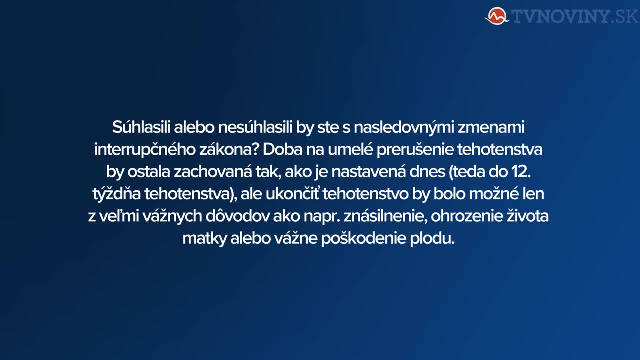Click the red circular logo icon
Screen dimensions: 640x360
(x=497, y=16)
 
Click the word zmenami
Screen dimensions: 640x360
(x=491, y=127)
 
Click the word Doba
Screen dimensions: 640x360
(x=282, y=149)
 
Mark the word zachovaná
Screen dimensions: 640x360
(x=213, y=171)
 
